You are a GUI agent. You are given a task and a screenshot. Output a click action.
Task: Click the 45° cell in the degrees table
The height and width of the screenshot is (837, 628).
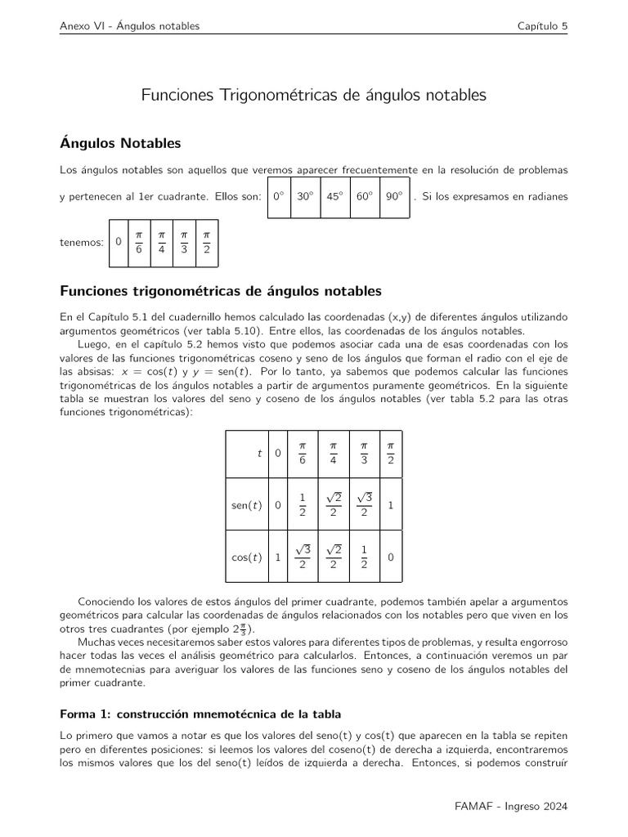click(x=334, y=197)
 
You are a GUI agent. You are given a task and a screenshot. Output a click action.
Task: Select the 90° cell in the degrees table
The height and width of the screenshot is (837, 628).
click(x=395, y=197)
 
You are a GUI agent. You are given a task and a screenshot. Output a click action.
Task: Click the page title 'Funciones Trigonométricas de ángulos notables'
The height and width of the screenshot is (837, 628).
click(x=314, y=96)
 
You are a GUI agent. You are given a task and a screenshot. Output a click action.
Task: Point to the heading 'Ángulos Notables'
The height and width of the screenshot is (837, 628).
click(x=120, y=144)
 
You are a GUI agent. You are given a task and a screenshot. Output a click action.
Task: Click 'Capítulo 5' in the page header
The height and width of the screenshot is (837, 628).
click(x=542, y=26)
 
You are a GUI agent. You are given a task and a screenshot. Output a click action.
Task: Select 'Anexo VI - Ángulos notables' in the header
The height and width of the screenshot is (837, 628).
click(x=130, y=26)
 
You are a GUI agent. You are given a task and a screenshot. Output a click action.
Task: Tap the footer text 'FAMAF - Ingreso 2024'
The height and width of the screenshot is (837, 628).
click(x=511, y=805)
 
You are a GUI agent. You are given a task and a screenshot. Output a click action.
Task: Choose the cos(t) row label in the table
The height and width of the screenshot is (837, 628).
click(x=246, y=557)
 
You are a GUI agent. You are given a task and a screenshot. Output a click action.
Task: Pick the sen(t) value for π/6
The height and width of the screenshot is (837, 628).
click(x=302, y=505)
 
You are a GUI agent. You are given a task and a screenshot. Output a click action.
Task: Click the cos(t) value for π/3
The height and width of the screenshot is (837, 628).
click(x=364, y=557)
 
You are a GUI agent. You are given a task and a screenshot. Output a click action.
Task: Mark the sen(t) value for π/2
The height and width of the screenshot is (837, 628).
click(x=391, y=505)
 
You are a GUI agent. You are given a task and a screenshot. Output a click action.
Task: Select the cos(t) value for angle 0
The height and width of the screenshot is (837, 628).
click(x=278, y=557)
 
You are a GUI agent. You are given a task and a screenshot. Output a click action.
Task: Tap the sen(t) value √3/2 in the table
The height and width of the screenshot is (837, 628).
click(x=364, y=505)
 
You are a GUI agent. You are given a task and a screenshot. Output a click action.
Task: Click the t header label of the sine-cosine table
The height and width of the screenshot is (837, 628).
click(x=259, y=453)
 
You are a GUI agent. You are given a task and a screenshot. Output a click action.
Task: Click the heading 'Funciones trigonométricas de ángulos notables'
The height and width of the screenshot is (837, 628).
click(x=221, y=291)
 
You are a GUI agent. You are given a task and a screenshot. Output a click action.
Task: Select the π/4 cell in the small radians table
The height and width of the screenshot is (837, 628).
click(x=162, y=242)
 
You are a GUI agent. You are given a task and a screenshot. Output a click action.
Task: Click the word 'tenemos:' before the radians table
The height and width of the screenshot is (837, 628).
click(x=82, y=243)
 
